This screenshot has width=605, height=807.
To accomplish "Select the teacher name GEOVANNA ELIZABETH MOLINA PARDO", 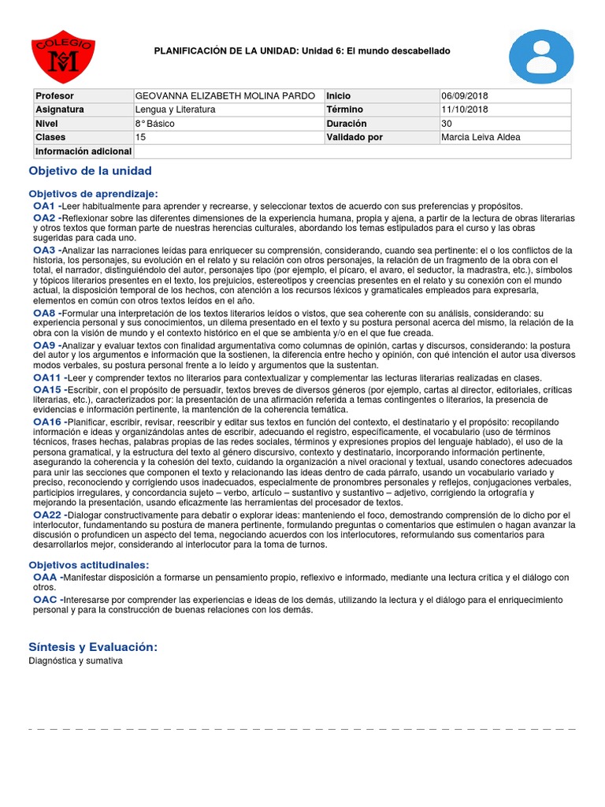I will pos(226,95).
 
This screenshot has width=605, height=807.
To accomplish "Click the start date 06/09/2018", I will pos(465,95).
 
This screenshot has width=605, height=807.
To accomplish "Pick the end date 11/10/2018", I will pos(465,110).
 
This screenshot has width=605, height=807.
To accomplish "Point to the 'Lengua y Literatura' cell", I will pos(175,110).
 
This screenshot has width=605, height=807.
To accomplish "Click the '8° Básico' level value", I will pos(155,124).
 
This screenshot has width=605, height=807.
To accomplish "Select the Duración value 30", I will pos(447,124).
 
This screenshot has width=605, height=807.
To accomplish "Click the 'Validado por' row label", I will pos(354,137).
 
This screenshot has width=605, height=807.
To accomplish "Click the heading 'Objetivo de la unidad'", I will pos(90,171).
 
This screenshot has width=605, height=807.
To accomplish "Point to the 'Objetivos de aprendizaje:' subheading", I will pos(93,193).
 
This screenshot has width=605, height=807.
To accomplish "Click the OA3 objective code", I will pos(44,250).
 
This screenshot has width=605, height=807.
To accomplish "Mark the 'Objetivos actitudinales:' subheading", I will pos(88,564).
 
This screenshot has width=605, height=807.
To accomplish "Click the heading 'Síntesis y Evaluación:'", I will pos(93,646).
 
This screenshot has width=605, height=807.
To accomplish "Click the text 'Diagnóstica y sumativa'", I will pos(76,660).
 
